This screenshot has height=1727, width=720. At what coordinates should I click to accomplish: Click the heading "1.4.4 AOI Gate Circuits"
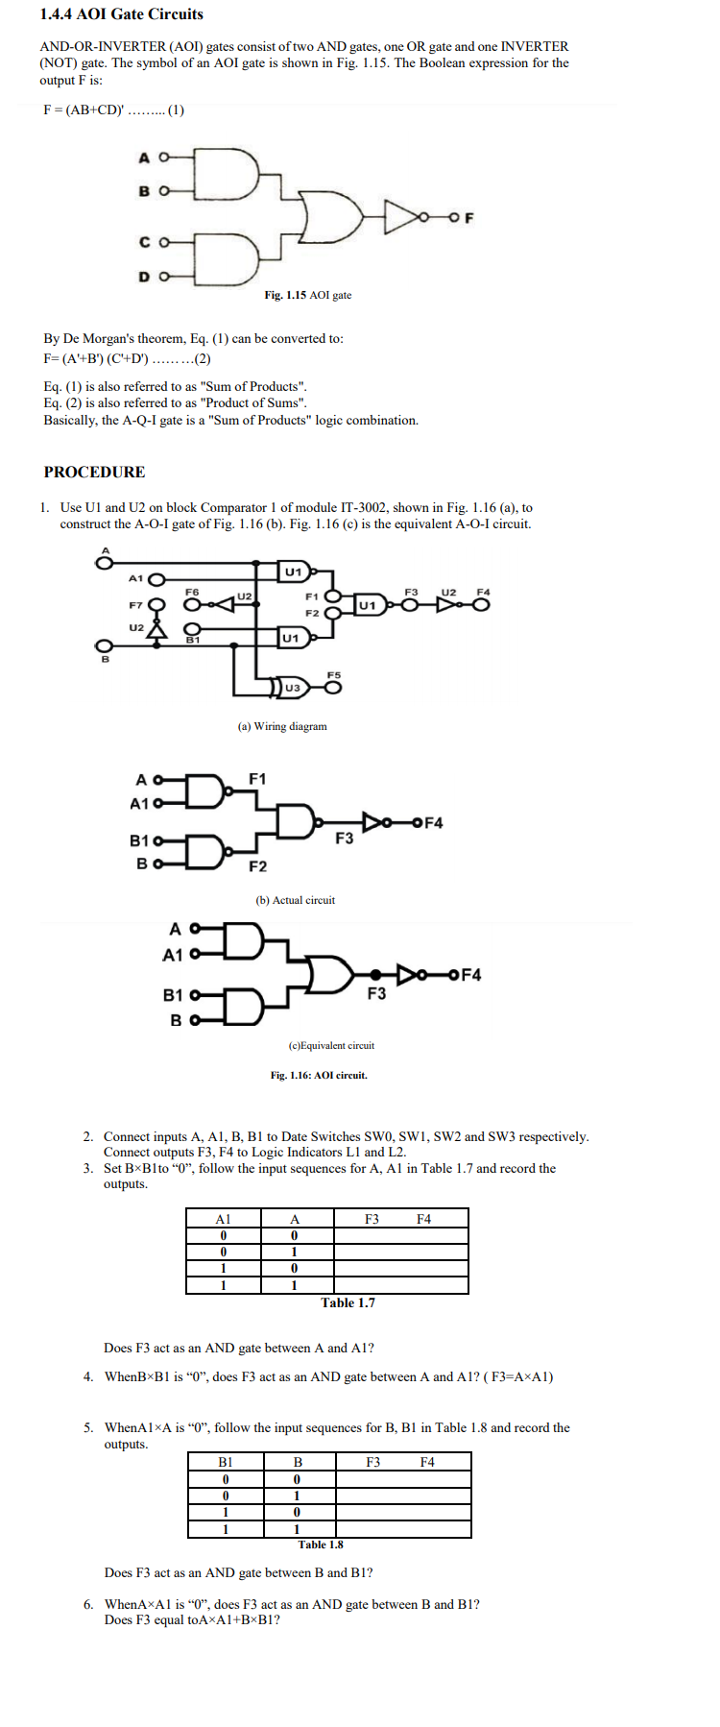point(122,14)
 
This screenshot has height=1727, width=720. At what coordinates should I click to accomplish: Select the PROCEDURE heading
point(94,472)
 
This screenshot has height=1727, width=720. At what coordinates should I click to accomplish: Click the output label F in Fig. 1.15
point(468,218)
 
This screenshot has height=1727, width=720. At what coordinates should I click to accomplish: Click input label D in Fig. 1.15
point(144,277)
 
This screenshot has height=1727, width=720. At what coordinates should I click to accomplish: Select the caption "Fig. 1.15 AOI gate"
point(307,295)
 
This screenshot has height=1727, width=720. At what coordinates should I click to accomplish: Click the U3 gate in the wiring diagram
point(292,687)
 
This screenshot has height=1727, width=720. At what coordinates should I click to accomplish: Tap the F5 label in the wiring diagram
point(333,675)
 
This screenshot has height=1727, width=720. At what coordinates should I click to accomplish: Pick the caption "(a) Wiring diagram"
point(282,726)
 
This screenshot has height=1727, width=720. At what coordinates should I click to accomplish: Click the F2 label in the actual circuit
point(257,866)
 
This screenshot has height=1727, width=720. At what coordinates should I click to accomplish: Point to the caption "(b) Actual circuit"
point(295,900)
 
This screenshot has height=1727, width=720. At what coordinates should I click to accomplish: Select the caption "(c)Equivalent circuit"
point(331,1045)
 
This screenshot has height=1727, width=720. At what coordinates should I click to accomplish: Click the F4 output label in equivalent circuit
point(471,975)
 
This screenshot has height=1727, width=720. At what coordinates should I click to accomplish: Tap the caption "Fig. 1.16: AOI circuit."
point(319,1075)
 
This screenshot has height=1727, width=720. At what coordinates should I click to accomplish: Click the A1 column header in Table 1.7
point(223,1219)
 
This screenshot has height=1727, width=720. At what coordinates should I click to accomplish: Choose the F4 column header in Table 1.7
point(423,1219)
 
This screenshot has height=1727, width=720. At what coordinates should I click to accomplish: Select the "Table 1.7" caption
point(348,1302)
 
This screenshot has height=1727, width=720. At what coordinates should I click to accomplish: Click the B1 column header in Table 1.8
point(225,1462)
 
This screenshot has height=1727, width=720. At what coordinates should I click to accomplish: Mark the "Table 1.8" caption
point(321,1545)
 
